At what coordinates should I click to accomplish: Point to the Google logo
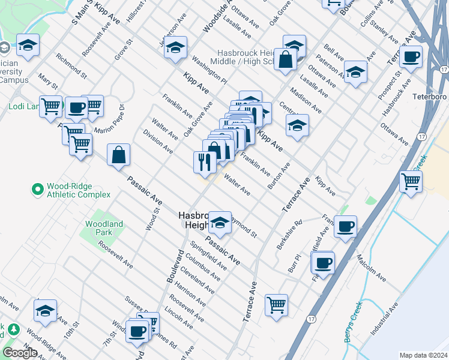[19, 353]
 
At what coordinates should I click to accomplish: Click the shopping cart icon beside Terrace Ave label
[276, 304]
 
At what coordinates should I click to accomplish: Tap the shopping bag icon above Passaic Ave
[119, 154]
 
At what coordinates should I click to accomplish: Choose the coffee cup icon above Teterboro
[411, 57]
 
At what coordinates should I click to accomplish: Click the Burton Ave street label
[280, 175]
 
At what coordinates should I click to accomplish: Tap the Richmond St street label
[71, 68]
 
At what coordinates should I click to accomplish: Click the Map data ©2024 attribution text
[423, 355]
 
